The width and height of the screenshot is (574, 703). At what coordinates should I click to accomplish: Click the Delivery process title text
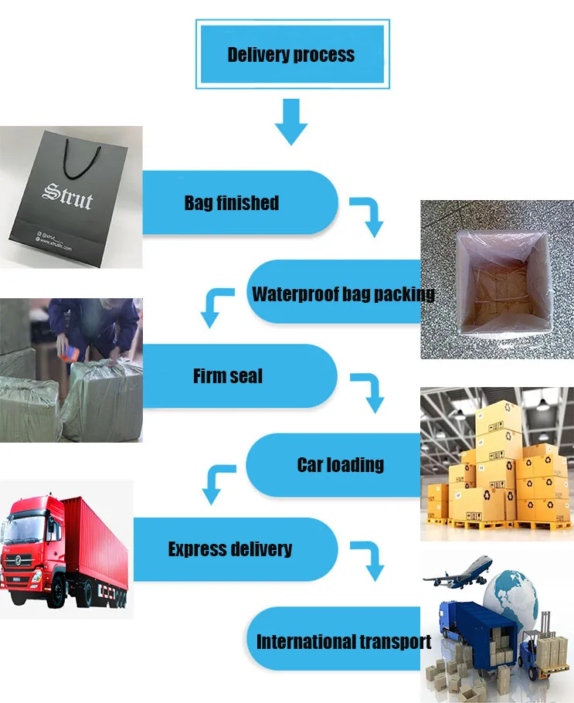pyautogui.click(x=291, y=55)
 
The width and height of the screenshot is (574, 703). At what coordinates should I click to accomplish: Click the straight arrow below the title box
pyautogui.click(x=291, y=122)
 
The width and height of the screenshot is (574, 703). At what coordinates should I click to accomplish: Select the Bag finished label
pyautogui.click(x=231, y=203)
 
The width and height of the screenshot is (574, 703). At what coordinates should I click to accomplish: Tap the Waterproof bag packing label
pyautogui.click(x=343, y=294)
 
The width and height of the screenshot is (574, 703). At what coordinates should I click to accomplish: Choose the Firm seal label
pyautogui.click(x=228, y=376)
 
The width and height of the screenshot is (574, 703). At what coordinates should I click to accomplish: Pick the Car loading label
pyautogui.click(x=340, y=464)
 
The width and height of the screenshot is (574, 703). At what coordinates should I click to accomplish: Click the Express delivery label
pyautogui.click(x=230, y=549)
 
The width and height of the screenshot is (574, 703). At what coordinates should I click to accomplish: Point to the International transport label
pyautogui.click(x=344, y=641)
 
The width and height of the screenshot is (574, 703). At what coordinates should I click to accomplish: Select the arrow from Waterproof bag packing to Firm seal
pyautogui.click(x=216, y=305)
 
